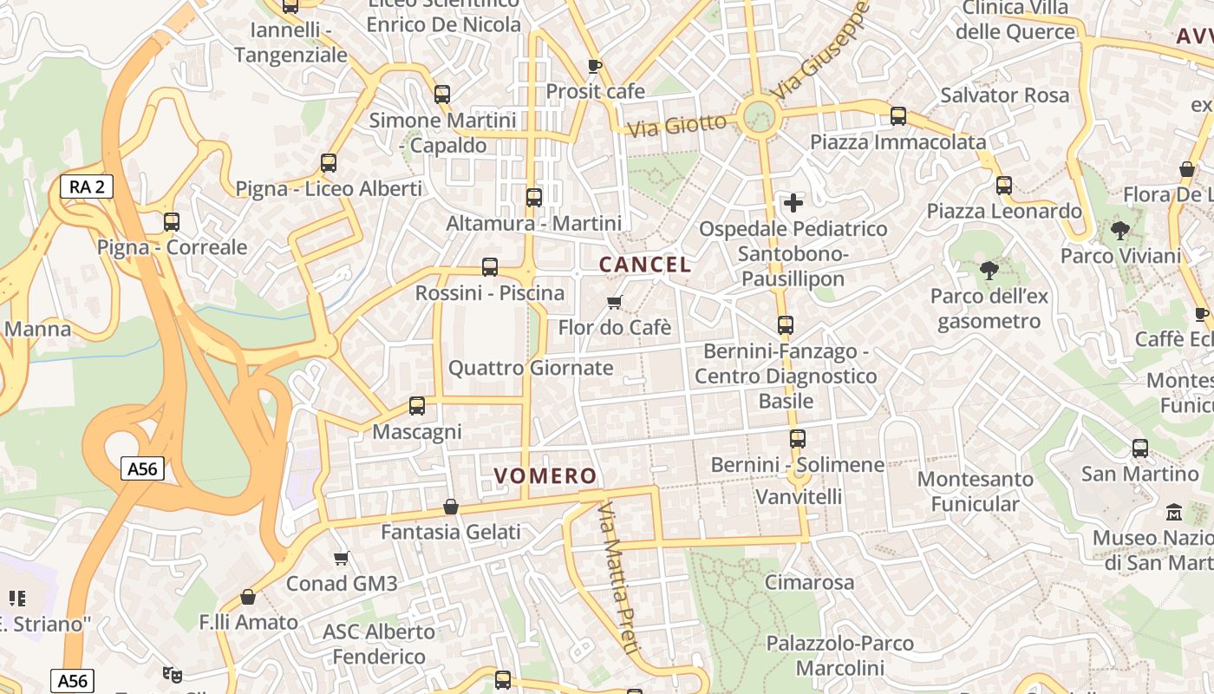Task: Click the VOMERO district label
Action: [545, 475]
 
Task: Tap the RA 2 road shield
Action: [87, 186]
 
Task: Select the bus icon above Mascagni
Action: [417, 405]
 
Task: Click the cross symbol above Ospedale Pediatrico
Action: [793, 203]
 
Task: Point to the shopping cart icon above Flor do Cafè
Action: [615, 302]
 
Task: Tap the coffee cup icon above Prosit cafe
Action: [594, 66]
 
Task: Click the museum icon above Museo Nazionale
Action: [1174, 512]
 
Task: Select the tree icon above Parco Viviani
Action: [1120, 231]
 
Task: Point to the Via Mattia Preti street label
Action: [619, 578]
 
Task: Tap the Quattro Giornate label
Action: [531, 368]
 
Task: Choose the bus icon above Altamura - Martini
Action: [534, 197]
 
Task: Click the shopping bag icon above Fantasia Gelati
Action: [451, 506]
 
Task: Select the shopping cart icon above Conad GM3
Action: [342, 558]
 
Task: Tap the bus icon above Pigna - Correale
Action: [172, 221]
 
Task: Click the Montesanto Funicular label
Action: [975, 491]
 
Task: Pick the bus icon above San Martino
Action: [1139, 448]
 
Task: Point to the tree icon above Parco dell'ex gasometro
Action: [989, 271]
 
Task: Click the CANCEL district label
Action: [646, 265]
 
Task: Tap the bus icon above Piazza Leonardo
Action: [1004, 185]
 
